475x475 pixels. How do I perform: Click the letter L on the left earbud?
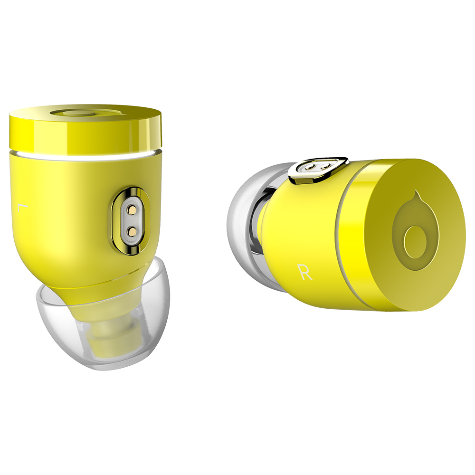tap(22, 208)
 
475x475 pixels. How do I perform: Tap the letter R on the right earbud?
tap(305, 271)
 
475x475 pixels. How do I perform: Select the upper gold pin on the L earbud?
tap(132, 209)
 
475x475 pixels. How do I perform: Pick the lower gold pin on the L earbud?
tap(132, 232)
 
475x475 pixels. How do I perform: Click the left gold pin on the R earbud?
tap(310, 167)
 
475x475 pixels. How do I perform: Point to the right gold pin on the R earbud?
tap(325, 165)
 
